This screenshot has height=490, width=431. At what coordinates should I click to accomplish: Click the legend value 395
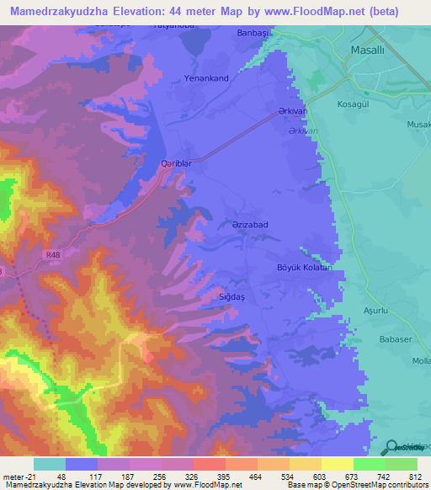[216, 476]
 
